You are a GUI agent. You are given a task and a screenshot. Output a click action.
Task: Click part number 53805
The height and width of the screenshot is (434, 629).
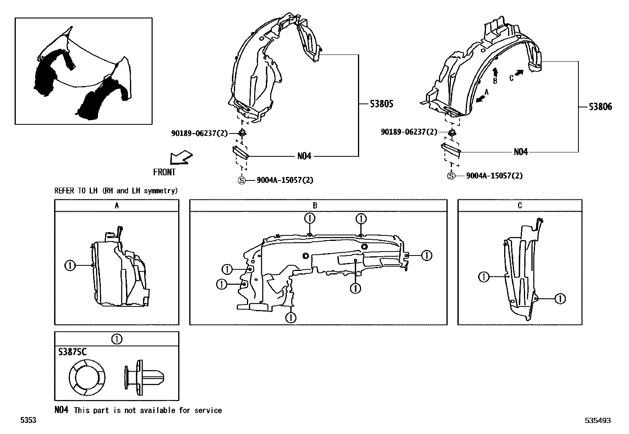tap(381, 104)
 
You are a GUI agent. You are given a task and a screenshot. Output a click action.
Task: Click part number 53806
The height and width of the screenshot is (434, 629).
tap(600, 107)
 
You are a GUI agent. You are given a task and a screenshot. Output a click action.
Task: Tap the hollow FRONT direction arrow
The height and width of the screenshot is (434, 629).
tap(181, 158)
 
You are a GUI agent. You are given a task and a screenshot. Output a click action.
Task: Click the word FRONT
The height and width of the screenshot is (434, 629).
tap(164, 172)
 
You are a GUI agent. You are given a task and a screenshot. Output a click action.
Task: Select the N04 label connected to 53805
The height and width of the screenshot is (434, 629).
tap(304, 156)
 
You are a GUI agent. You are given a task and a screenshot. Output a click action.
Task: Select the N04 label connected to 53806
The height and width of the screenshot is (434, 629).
tap(521, 152)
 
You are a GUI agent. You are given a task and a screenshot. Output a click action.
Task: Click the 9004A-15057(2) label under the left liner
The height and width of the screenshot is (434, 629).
tap(285, 180)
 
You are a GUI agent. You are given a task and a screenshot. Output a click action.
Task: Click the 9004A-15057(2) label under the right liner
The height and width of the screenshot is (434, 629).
tap(494, 176)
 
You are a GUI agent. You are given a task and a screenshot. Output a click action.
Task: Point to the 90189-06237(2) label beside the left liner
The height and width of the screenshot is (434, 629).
tap(200, 133)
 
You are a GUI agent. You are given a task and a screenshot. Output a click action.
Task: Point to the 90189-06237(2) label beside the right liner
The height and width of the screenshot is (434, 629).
tap(409, 132)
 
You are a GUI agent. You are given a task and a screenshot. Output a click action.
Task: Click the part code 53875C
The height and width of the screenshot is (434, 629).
tap(72, 352)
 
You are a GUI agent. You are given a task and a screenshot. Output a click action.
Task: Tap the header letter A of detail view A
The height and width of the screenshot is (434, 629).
tap(117, 206)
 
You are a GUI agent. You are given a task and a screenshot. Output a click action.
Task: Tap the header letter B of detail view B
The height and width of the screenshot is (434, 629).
tap(315, 206)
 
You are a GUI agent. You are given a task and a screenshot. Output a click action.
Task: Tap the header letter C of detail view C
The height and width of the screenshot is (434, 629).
tap(520, 206)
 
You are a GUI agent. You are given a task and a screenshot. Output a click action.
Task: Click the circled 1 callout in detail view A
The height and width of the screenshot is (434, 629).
tap(70, 265)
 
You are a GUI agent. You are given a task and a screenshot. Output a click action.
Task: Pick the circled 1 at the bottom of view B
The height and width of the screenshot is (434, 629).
tap(291, 318)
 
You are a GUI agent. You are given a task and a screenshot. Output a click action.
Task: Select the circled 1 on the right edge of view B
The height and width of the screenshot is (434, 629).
tap(427, 256)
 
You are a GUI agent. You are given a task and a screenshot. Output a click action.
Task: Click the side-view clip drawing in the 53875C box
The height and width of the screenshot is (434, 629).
tap(144, 378)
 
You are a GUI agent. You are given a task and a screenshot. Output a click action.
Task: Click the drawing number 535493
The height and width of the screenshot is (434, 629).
tap(598, 420)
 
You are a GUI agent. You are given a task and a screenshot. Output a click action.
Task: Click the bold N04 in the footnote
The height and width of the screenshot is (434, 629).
tap(62, 410)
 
